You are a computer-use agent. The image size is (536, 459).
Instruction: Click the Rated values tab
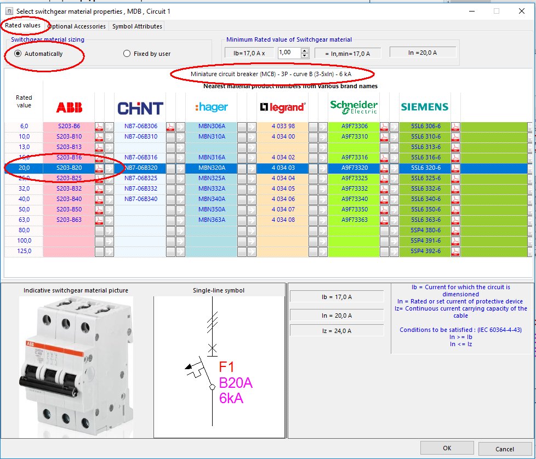(22, 26)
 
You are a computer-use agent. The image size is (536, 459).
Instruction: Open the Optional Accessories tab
(77, 26)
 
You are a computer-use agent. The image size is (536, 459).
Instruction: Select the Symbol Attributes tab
(137, 26)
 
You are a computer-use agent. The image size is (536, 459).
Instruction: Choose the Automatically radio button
(18, 54)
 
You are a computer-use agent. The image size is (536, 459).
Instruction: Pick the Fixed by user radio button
(127, 54)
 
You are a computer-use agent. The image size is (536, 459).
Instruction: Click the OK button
(447, 448)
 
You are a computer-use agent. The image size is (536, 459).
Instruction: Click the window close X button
(522, 10)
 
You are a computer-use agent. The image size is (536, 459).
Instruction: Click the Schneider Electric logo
(353, 107)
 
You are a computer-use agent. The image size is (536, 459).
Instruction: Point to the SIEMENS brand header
(424, 107)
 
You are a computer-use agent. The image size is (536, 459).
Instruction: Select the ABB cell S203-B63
(69, 220)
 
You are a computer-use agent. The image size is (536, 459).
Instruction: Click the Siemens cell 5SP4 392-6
(425, 251)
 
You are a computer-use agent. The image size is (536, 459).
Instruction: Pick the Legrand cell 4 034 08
(283, 220)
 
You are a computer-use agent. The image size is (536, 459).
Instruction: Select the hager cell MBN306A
(212, 126)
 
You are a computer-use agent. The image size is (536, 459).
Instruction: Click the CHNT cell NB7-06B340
(140, 199)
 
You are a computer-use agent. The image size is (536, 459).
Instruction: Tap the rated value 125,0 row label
(24, 251)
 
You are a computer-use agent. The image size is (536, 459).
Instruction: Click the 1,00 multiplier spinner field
(289, 53)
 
